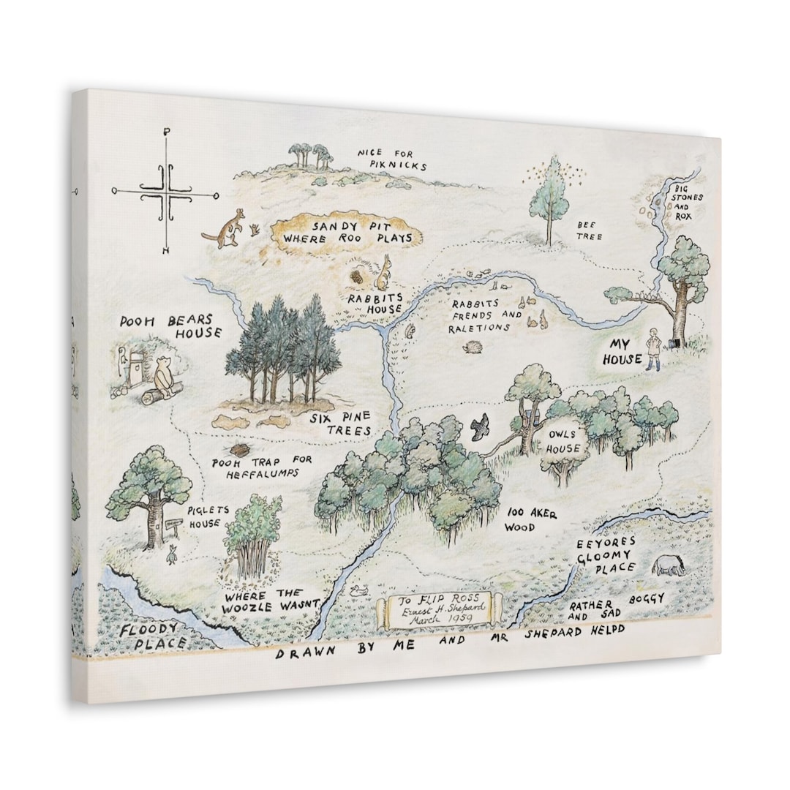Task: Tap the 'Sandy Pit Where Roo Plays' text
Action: tap(347, 233)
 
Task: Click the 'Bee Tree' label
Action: tap(590, 232)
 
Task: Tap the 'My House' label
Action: tap(622, 351)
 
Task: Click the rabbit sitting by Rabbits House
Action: tap(383, 274)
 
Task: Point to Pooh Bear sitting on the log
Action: tap(164, 376)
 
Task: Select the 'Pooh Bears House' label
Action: tap(171, 326)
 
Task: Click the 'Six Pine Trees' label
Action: tap(340, 424)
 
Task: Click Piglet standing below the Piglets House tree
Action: tap(173, 554)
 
